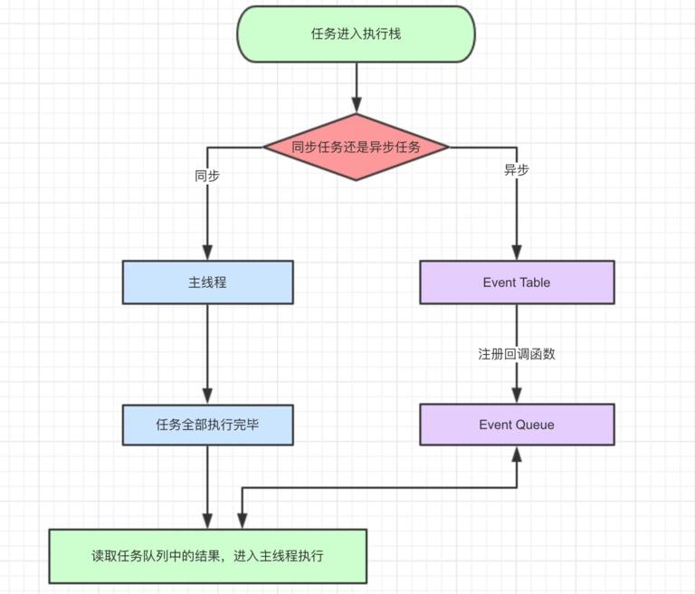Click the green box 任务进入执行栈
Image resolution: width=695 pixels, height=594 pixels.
pos(356,34)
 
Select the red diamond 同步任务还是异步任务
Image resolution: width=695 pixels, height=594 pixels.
pos(356,147)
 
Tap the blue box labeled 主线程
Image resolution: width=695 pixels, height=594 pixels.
pos(207,283)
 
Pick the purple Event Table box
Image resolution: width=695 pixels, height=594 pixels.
pos(517,283)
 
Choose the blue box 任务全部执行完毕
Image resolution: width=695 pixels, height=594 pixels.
pos(207,425)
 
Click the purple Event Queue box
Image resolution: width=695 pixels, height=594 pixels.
pos(517,425)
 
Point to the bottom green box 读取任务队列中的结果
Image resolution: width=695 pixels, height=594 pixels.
pos(207,556)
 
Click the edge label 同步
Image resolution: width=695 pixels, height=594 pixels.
pos(207,176)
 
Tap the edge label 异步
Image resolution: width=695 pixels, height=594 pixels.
pos(517,169)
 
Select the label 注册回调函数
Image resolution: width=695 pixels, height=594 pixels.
pos(517,354)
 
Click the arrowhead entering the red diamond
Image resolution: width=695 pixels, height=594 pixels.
pos(356,106)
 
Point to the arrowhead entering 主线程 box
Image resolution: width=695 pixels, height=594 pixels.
pos(207,253)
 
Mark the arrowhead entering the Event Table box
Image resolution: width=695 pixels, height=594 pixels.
pos(517,253)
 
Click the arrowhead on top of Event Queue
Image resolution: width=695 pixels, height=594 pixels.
pos(517,397)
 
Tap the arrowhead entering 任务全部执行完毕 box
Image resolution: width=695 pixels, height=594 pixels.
pos(207,397)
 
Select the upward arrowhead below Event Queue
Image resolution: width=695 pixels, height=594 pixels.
pos(517,454)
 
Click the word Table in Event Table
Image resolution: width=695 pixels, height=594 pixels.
pos(535,283)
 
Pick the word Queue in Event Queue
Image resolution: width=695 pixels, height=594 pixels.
pos(536,425)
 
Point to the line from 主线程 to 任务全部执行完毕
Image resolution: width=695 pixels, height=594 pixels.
pos(207,349)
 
